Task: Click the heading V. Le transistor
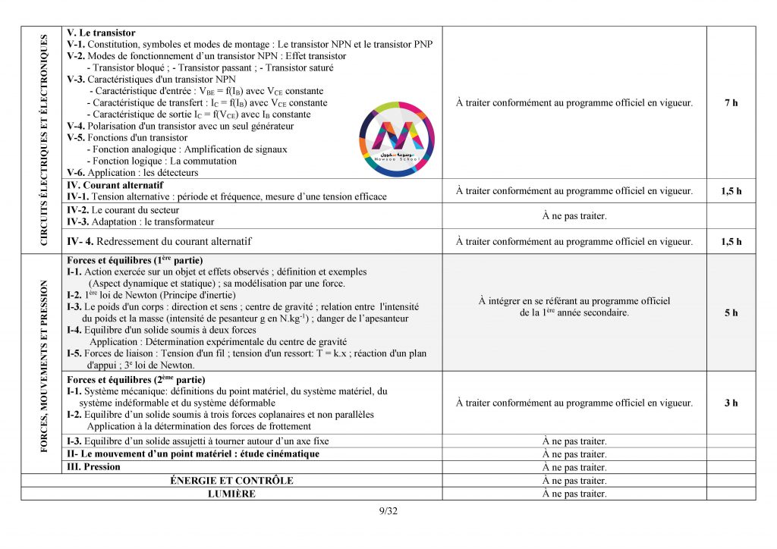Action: pos(101,33)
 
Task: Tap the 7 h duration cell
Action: pos(731,103)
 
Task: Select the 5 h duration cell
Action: pos(731,313)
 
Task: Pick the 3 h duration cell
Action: pos(731,403)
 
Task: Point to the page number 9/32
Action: pos(388,510)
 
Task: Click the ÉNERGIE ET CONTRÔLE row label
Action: pos(229,481)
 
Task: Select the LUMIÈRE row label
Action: pos(231,494)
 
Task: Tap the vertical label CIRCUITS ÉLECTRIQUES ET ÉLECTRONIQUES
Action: pos(44,140)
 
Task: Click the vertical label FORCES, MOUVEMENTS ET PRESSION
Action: pos(44,366)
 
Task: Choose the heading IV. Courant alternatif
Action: pos(115,185)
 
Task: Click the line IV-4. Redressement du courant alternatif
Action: pos(159,242)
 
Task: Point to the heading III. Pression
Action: pos(93,467)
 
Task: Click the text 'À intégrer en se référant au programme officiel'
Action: pos(574,301)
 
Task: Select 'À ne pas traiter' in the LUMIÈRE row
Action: pos(574,494)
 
